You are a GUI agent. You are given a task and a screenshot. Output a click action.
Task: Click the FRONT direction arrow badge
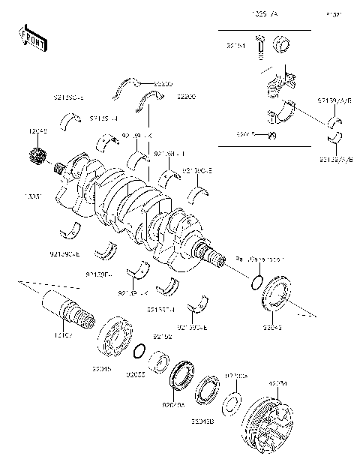[x=31, y=38]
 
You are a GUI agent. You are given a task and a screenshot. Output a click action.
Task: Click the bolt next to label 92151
[x=259, y=46]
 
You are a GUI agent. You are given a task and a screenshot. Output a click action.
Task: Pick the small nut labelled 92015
[x=273, y=135]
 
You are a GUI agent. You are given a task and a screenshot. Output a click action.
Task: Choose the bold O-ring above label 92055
[x=139, y=351]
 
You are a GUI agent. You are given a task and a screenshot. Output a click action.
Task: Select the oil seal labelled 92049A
[x=181, y=376]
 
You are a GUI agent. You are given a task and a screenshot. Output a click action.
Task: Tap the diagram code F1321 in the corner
[x=332, y=15]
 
